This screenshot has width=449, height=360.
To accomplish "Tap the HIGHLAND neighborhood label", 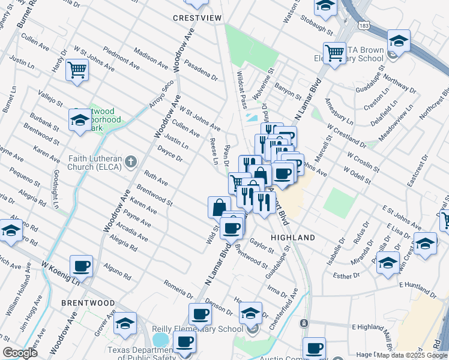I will (293, 238).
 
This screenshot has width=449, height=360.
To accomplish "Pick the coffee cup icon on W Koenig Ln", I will (81, 266).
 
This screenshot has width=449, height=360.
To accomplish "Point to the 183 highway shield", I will (364, 26).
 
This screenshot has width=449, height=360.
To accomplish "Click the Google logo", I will (20, 352).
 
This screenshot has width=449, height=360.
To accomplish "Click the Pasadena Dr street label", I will (201, 70).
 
